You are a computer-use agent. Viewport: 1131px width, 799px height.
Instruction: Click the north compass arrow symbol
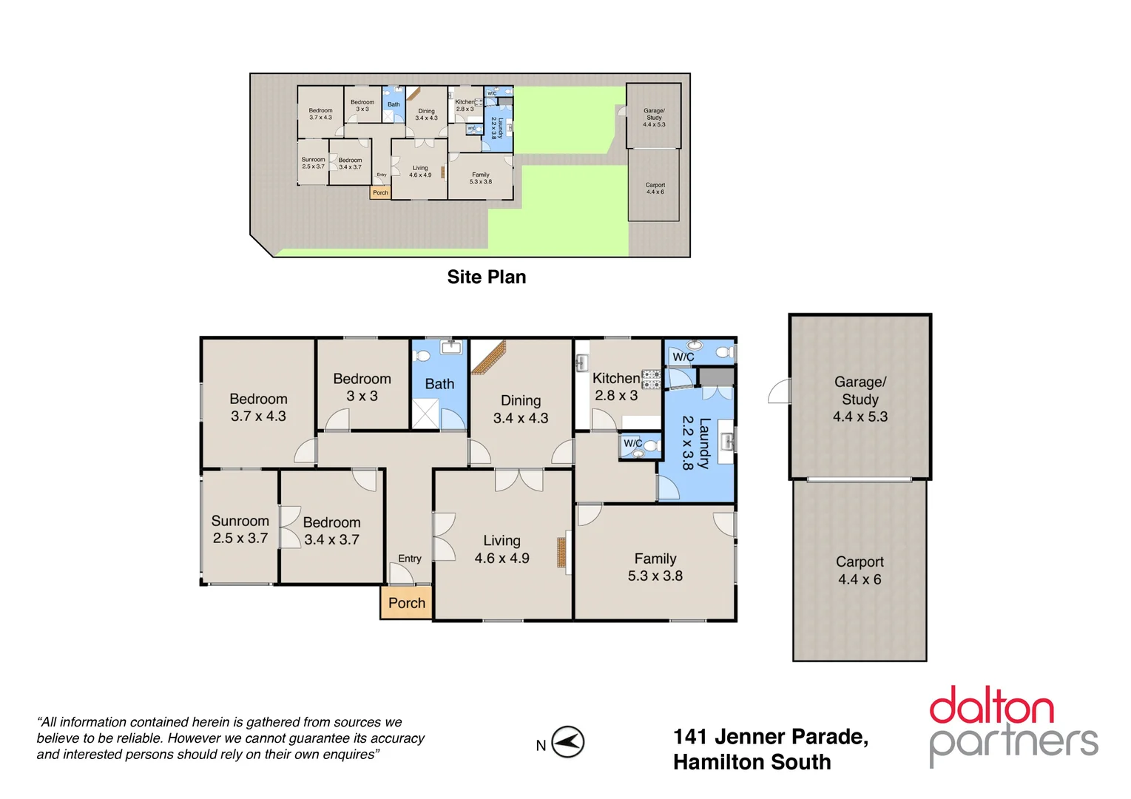[567, 742]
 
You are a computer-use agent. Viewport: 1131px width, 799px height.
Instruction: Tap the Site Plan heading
[486, 277]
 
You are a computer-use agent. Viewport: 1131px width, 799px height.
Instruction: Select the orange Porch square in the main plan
[406, 603]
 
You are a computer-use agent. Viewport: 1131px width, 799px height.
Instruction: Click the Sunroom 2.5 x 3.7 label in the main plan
[240, 530]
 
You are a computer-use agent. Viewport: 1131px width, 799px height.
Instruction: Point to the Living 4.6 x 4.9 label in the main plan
[502, 550]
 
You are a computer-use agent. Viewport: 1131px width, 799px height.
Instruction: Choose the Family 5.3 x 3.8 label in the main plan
[655, 567]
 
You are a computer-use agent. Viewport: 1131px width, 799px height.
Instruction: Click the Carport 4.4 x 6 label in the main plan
[860, 570]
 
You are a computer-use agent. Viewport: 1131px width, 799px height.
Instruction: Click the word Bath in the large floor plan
[439, 384]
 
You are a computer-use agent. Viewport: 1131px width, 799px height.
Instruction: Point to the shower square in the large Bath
[425, 414]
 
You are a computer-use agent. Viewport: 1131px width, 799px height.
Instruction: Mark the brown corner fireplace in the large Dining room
[488, 357]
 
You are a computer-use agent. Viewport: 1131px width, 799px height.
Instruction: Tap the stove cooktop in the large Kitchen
[651, 380]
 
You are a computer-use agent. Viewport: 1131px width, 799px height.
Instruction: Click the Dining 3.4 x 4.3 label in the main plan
[521, 409]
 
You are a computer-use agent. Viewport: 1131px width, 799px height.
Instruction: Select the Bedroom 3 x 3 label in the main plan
[362, 387]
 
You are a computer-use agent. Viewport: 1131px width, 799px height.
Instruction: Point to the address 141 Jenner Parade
[770, 737]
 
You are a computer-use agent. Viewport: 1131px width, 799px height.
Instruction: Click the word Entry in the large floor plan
[409, 559]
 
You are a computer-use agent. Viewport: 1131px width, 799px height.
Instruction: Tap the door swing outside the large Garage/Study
[780, 392]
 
